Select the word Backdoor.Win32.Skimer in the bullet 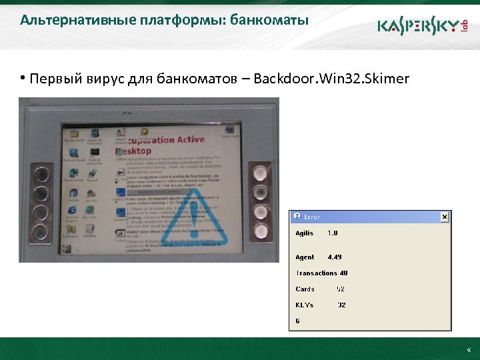tap(331, 80)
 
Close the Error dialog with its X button tap(445, 217)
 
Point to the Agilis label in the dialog tap(305, 233)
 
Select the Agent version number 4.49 tap(335, 257)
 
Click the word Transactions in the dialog tap(316, 273)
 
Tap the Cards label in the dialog tap(305, 289)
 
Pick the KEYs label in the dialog tap(305, 305)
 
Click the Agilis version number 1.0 tap(333, 233)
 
